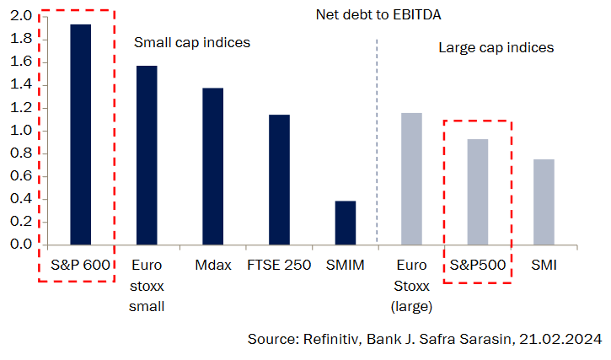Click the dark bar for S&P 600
pyautogui.click(x=81, y=135)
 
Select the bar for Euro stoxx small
pyautogui.click(x=147, y=155)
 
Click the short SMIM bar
pyautogui.click(x=345, y=223)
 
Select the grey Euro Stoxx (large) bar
pyautogui.click(x=410, y=179)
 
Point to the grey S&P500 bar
pyautogui.click(x=477, y=191)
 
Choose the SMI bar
pyautogui.click(x=543, y=201)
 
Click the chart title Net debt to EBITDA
pyautogui.click(x=378, y=15)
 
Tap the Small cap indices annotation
pyautogui.click(x=193, y=42)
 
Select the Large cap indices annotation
pyautogui.click(x=496, y=47)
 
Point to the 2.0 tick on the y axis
pyautogui.click(x=22, y=16)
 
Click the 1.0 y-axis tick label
pyautogui.click(x=22, y=131)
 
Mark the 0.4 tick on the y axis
pyautogui.click(x=22, y=199)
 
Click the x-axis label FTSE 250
pyautogui.click(x=279, y=266)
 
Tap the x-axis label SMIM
pyautogui.click(x=345, y=266)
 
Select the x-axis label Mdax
pyautogui.click(x=212, y=266)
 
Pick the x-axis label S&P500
pyautogui.click(x=477, y=266)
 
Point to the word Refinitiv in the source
pyautogui.click(x=325, y=339)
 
